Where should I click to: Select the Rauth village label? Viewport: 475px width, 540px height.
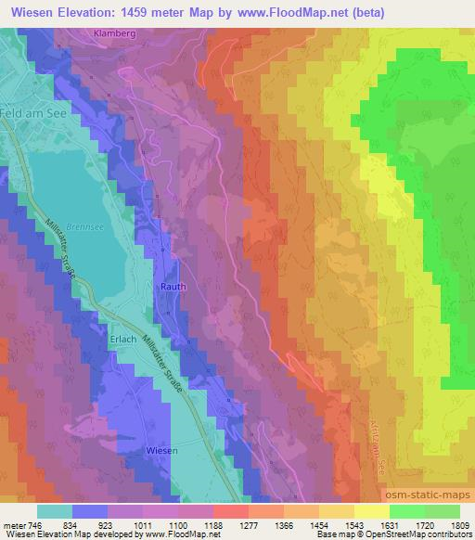(174, 287)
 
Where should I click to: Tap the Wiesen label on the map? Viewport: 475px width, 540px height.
(161, 449)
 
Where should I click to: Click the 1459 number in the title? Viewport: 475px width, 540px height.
(149, 13)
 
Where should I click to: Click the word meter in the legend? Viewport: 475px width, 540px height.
(14, 525)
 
